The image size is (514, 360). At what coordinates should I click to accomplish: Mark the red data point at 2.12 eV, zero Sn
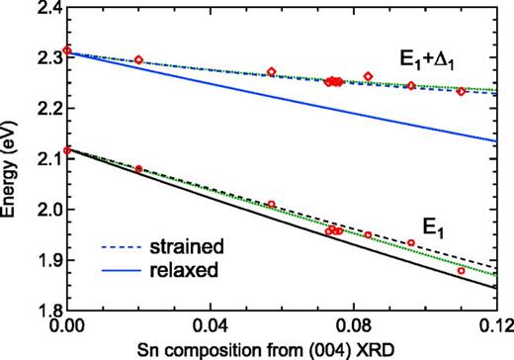pyautogui.click(x=66, y=150)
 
